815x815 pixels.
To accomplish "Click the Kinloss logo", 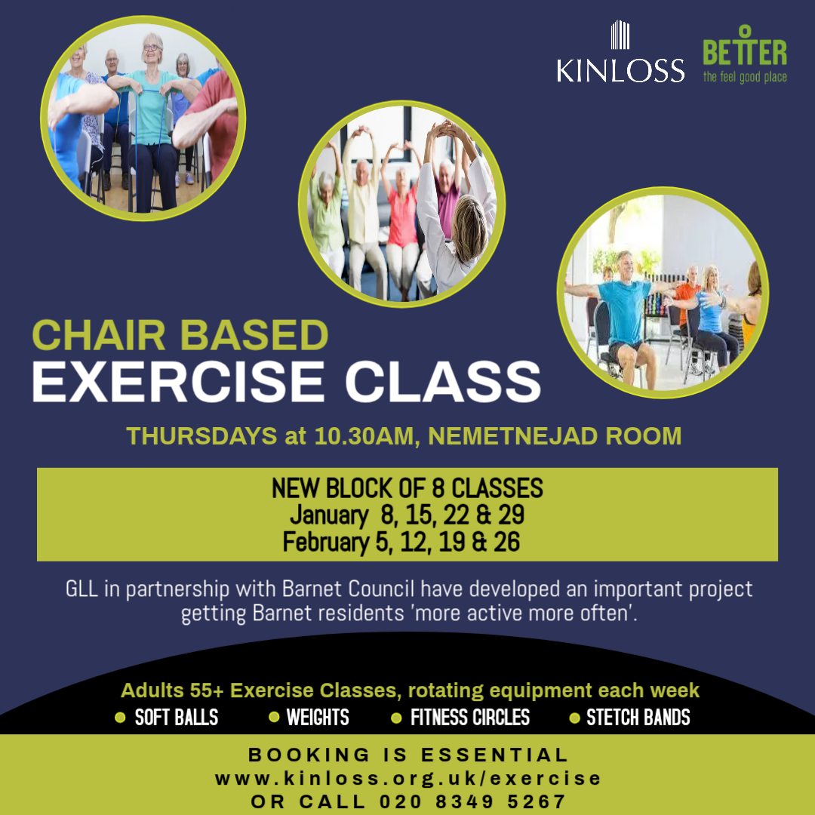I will pyautogui.click(x=620, y=54).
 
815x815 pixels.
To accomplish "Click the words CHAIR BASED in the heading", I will pyautogui.click(x=180, y=336).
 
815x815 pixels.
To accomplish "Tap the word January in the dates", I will pyautogui.click(x=328, y=515).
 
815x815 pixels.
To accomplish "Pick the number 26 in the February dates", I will pyautogui.click(x=505, y=542).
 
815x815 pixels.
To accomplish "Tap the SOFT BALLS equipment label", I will pyautogui.click(x=176, y=717).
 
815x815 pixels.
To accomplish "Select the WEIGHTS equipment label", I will pyautogui.click(x=318, y=717).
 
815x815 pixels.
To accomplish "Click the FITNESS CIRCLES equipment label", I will pyautogui.click(x=469, y=717).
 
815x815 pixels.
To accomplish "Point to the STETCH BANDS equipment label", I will pyautogui.click(x=638, y=717).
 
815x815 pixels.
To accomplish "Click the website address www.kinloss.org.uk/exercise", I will pyautogui.click(x=408, y=778).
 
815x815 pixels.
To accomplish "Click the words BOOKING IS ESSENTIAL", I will pyautogui.click(x=408, y=755).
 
